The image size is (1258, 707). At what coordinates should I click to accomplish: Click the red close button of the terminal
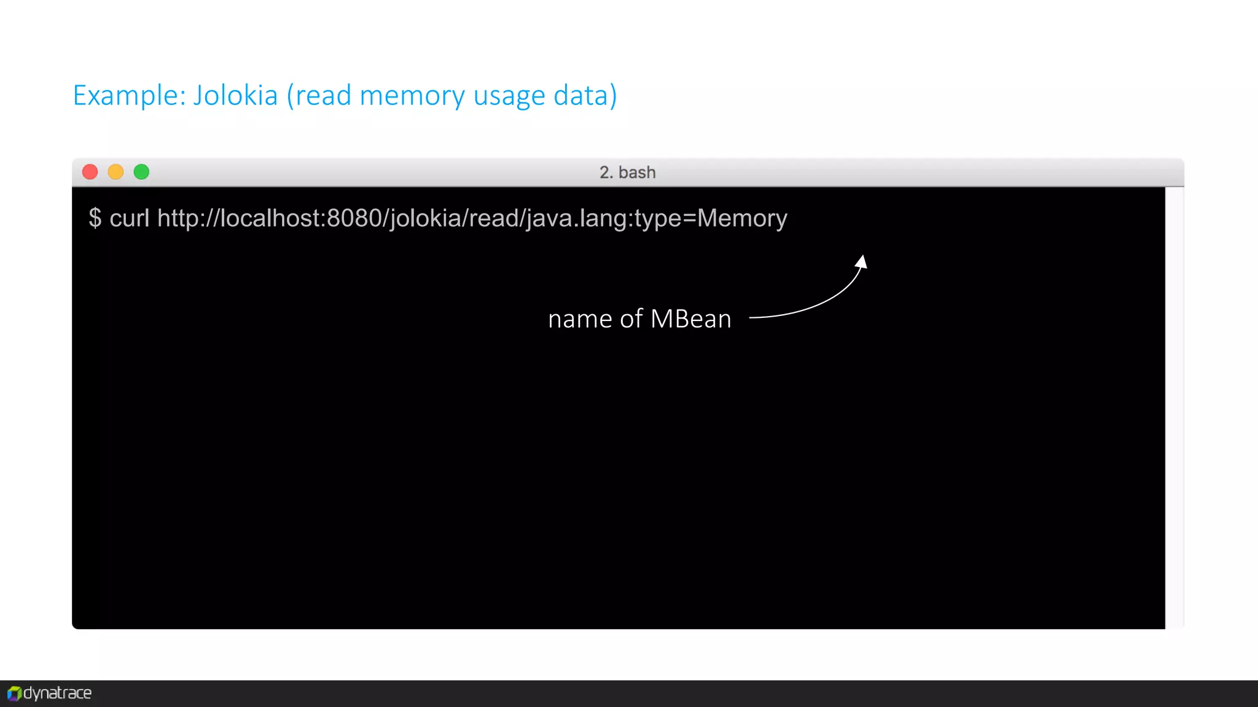(x=90, y=172)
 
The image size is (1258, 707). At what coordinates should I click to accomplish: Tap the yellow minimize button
(x=115, y=172)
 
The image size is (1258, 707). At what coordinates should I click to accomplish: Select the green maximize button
(x=141, y=172)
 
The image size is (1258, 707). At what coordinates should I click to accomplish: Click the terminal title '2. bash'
(x=627, y=172)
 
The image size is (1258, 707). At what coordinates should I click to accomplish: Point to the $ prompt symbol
(x=95, y=218)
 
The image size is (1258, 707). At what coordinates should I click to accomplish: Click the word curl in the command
(x=129, y=218)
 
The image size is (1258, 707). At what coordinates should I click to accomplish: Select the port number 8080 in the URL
(x=354, y=218)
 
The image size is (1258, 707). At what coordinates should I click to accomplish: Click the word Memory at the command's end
(x=742, y=218)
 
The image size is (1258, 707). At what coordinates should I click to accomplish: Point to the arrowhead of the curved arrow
(x=862, y=262)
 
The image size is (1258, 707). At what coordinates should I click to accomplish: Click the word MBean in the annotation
(x=690, y=319)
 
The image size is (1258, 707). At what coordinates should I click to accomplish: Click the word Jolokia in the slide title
(x=235, y=96)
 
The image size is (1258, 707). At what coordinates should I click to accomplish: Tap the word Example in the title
(x=128, y=96)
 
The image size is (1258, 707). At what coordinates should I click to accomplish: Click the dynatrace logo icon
(x=14, y=693)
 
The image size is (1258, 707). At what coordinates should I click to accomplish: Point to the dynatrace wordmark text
(x=58, y=693)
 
